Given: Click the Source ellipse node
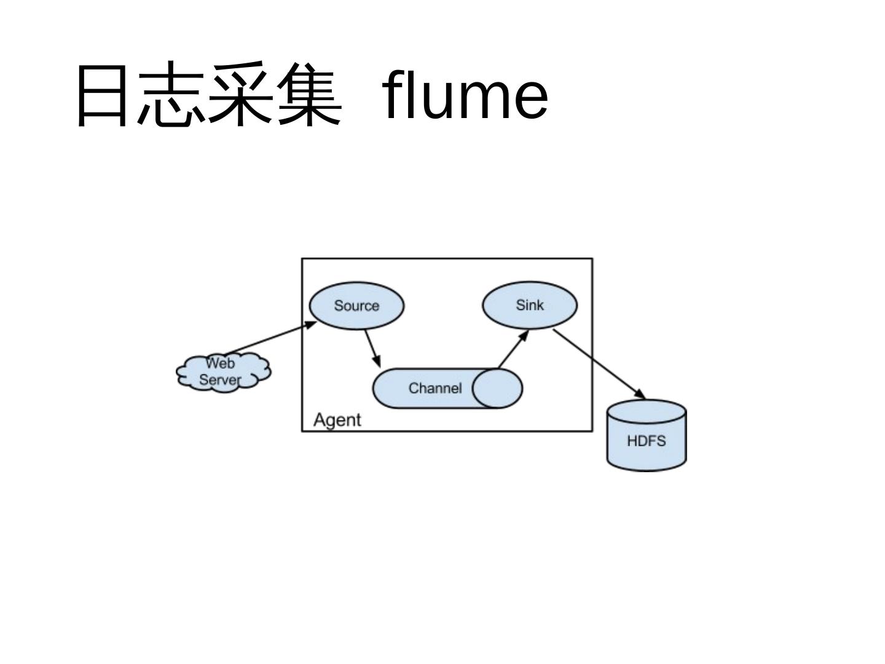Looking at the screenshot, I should [x=356, y=306].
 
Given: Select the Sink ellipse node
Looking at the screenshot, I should [x=530, y=305].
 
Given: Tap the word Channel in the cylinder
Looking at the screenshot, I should [x=435, y=389].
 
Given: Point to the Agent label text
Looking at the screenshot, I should [x=337, y=420].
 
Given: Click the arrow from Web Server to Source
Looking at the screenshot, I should [x=270, y=338].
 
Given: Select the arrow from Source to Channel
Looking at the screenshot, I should [x=372, y=349].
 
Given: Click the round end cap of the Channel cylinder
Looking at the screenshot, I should [x=497, y=389].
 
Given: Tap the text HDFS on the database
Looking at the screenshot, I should [x=646, y=441].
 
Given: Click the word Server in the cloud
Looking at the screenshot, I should [x=219, y=380].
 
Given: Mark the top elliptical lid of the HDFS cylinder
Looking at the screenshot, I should [x=646, y=411].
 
